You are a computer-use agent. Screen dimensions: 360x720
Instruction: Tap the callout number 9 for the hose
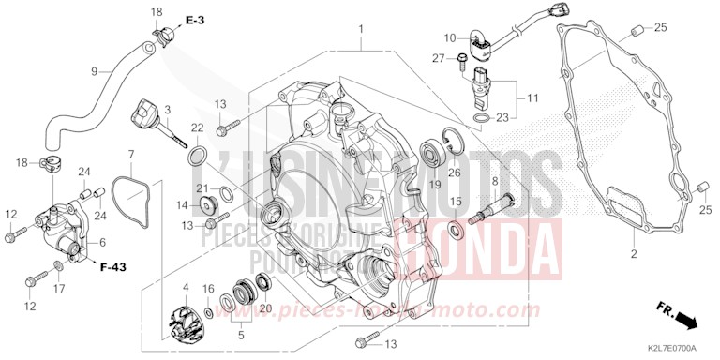tap(94, 71)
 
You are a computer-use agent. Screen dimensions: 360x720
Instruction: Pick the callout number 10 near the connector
tap(449, 38)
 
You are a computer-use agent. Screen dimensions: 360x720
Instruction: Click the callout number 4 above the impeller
tap(186, 287)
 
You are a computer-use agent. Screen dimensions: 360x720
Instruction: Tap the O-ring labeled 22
tap(199, 155)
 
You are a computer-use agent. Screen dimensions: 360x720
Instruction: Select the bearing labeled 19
tap(433, 149)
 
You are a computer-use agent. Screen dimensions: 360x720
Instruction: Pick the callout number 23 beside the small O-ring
tap(502, 118)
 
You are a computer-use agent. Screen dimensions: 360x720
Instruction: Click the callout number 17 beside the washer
tap(58, 289)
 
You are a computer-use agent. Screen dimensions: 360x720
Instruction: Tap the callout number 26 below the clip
tap(453, 172)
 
